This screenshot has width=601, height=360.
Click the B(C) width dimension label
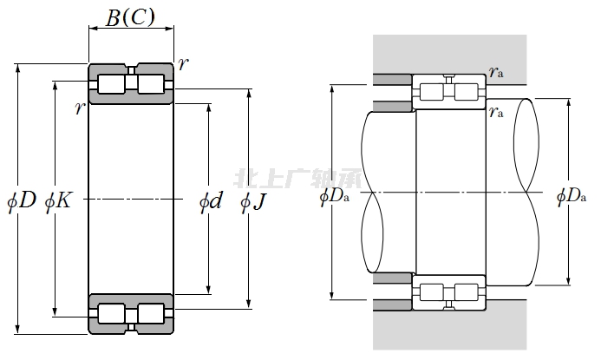(130, 16)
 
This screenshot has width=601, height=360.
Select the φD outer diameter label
(22, 201)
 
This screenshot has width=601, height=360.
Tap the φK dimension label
(58, 201)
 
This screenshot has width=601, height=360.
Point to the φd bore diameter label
(212, 202)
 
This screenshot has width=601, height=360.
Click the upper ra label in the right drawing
(496, 74)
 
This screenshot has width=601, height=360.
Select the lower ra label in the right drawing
(496, 110)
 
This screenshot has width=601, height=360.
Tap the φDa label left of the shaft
(335, 197)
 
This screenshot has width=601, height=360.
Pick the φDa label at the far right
(572, 197)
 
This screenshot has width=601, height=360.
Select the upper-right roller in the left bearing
(151, 84)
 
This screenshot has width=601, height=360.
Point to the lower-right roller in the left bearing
(151, 313)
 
